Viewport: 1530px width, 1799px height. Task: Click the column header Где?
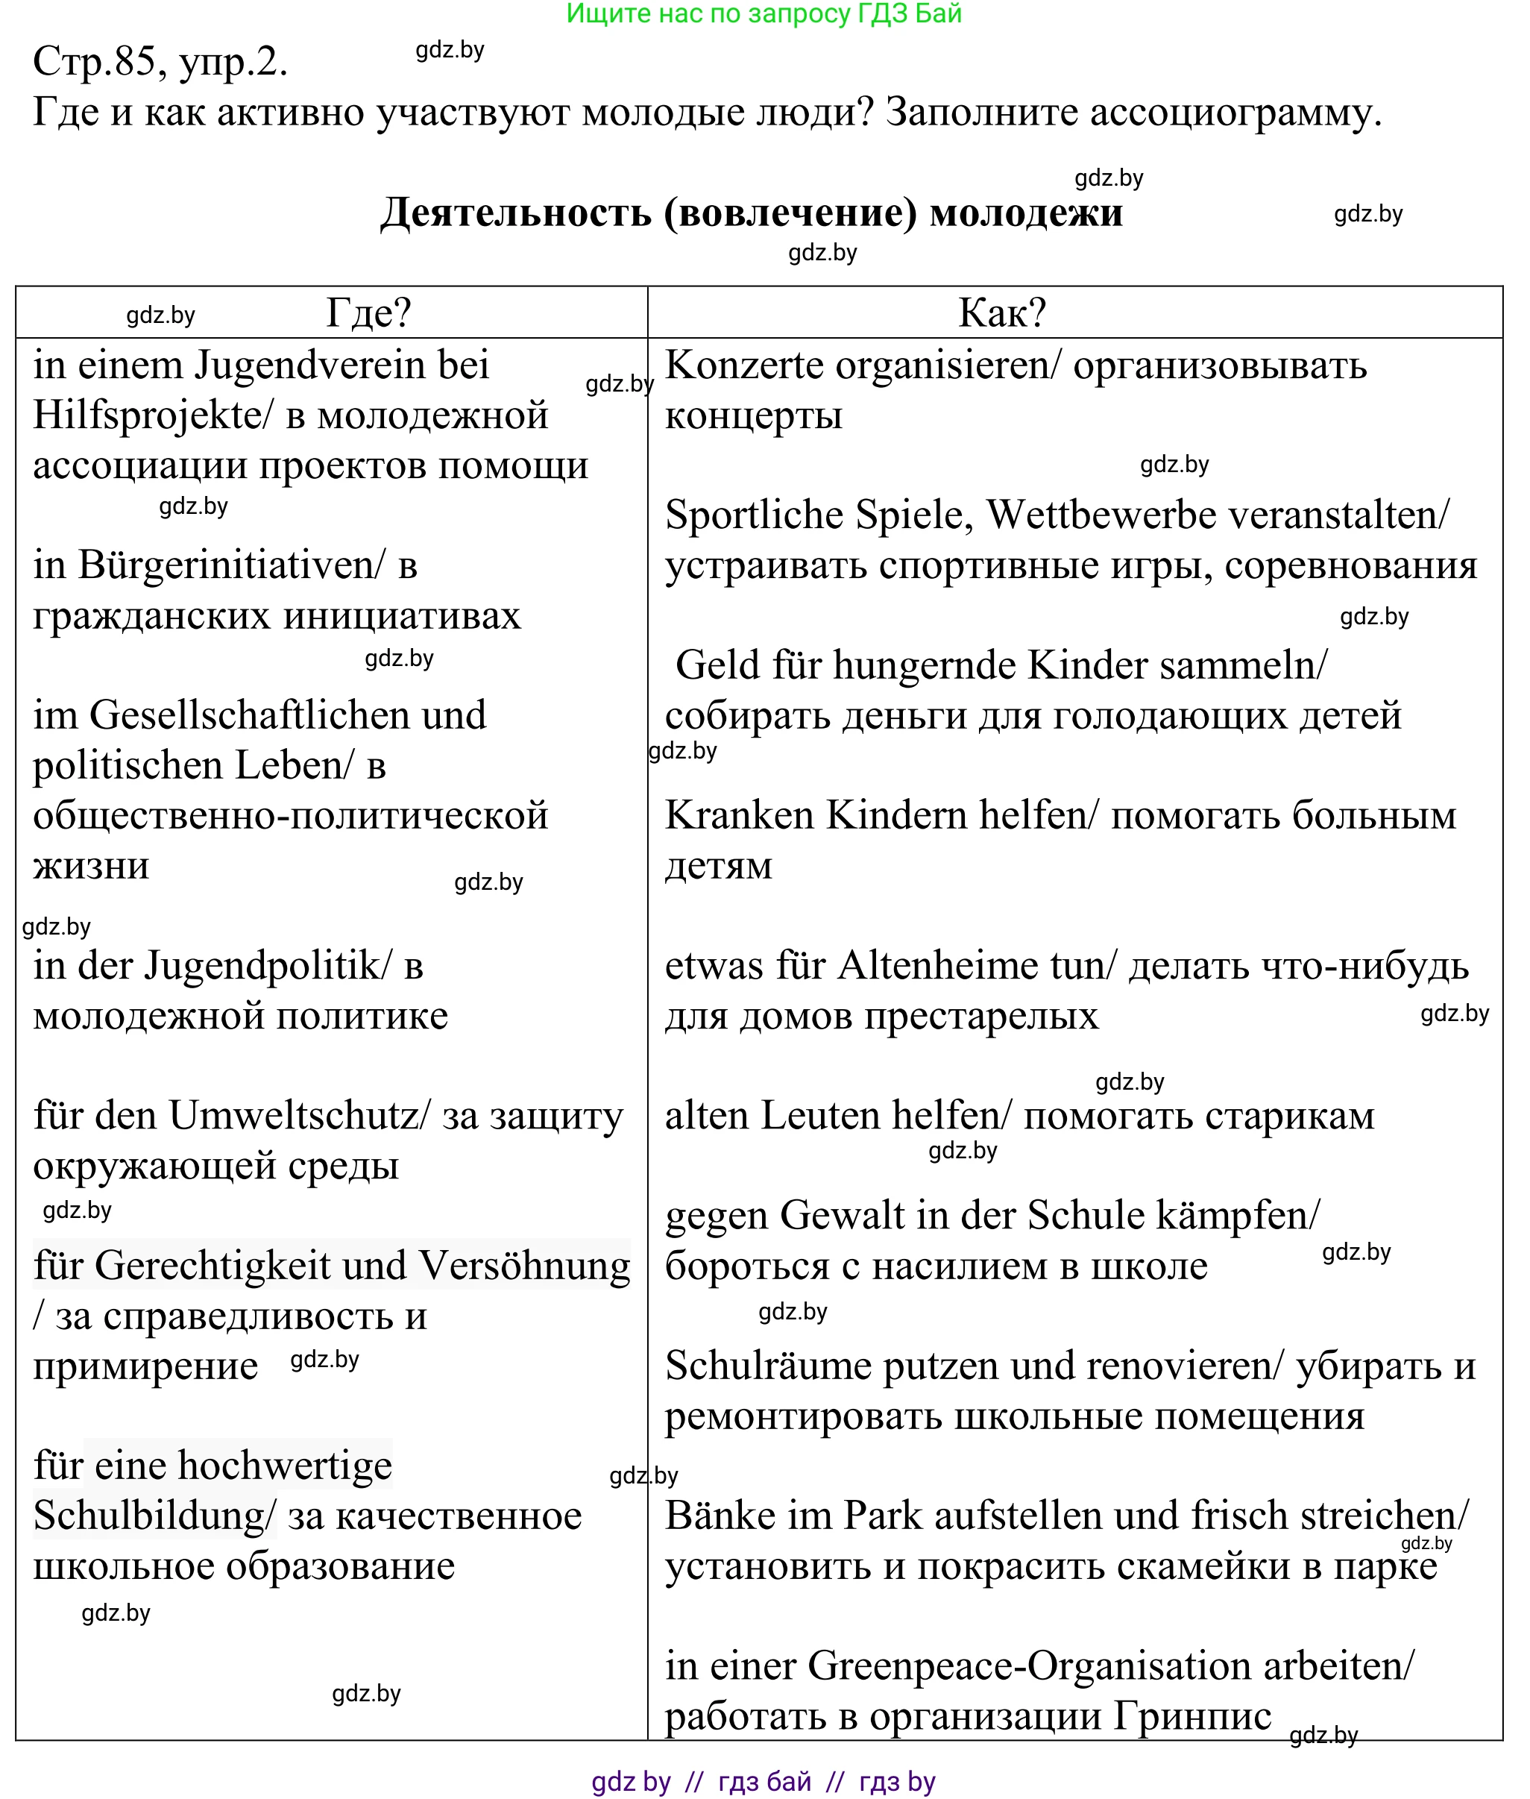(368, 313)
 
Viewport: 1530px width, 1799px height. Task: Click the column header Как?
(1002, 313)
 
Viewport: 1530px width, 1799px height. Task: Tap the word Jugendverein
(310, 365)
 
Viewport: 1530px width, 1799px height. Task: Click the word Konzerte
(743, 365)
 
